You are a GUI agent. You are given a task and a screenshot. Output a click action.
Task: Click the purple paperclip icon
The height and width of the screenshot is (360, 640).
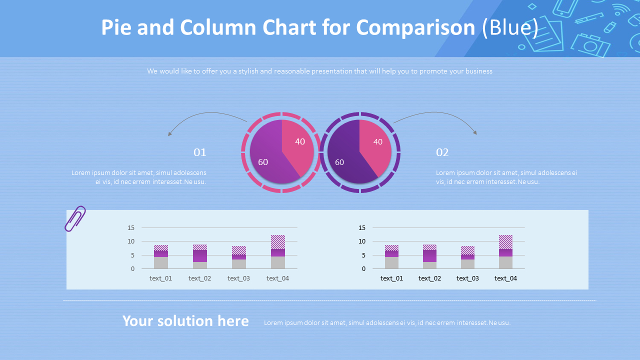coord(75,218)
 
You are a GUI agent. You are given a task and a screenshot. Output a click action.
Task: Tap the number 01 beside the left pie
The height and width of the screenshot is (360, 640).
coord(200,152)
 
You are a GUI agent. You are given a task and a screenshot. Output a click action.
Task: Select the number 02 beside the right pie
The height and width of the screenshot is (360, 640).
coord(442,152)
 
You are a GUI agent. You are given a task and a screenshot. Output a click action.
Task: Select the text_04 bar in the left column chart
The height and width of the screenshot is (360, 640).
coord(278,252)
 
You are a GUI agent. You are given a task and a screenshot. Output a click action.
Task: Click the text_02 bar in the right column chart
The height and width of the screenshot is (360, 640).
coord(430,256)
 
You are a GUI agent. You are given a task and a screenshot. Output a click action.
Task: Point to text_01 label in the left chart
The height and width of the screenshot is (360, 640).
coord(160,278)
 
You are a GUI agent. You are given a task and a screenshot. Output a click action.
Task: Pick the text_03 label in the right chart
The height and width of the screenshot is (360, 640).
coord(467,278)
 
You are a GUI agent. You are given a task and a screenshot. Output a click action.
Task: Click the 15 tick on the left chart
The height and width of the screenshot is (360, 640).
coord(131,228)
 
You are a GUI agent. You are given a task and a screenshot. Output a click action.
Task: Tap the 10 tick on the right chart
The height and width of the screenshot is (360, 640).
coord(362,241)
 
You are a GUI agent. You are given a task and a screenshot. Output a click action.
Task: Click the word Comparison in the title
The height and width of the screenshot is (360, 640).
coord(416,27)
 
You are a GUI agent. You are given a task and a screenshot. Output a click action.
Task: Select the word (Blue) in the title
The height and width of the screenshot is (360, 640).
coord(510,27)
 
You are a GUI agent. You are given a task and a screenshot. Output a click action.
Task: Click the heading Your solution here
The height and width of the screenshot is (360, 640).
coord(185,321)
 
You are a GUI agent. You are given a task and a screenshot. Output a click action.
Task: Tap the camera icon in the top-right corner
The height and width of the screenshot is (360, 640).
coord(591,45)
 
